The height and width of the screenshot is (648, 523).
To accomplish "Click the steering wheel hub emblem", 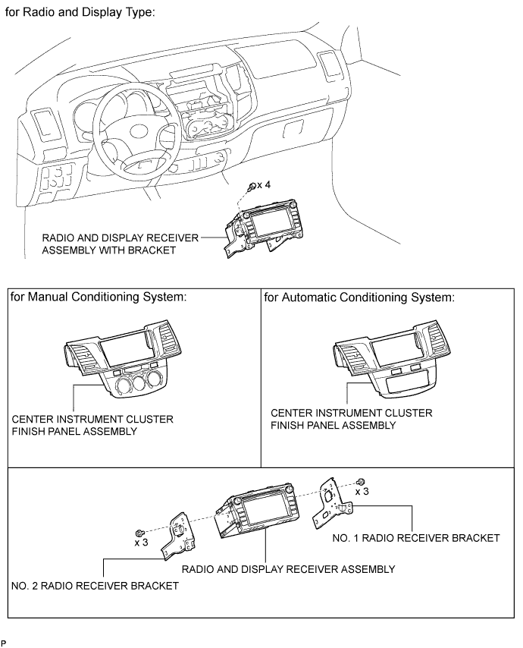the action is click(142, 132).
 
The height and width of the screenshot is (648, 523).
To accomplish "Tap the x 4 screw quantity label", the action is click(264, 184).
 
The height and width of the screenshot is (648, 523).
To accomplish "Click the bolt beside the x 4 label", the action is click(252, 187).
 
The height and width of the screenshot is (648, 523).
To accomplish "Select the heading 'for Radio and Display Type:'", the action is click(80, 12).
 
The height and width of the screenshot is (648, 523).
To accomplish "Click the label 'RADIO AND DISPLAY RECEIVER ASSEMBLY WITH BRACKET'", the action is click(120, 244).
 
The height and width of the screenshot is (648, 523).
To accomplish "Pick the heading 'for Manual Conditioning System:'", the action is click(99, 297).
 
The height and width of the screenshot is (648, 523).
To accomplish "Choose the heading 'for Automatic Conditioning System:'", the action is click(359, 297).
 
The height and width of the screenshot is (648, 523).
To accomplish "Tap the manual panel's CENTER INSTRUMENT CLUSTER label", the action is click(92, 425).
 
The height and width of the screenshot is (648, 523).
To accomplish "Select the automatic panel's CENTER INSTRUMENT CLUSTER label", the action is click(351, 419).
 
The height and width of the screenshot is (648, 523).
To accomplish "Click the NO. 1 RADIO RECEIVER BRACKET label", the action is click(416, 538).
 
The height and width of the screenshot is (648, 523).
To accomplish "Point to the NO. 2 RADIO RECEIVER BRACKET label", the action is click(95, 586).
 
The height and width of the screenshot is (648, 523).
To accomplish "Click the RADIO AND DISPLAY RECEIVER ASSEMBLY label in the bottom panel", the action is click(289, 570).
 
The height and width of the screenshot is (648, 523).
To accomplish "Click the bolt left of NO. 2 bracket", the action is click(139, 533).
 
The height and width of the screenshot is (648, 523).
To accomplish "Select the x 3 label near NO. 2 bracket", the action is click(141, 543).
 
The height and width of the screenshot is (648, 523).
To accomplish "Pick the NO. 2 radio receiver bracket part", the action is click(178, 536).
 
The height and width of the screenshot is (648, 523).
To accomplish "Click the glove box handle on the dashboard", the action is click(293, 128).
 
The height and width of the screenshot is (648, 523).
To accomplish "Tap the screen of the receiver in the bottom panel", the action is click(261, 511).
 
